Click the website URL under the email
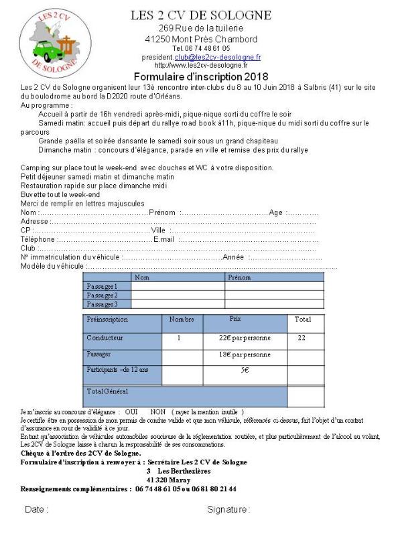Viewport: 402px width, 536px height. coord(201,65)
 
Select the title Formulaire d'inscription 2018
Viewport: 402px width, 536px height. coord(201,76)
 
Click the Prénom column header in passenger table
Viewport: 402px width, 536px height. coord(239,277)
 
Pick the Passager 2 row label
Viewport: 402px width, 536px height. coord(102,295)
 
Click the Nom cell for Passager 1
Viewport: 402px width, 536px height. coord(178,286)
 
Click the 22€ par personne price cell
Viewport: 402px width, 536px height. coord(245,338)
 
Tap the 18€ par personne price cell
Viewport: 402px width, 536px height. coord(245,354)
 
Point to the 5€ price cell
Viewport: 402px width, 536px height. coord(245,370)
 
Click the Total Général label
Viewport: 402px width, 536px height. coord(107,391)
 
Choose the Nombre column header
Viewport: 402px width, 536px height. coord(182,320)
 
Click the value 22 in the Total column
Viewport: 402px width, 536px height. coord(301,338)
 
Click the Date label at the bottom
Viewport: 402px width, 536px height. coord(36,509)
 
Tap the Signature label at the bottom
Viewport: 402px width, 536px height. coord(228,509)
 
